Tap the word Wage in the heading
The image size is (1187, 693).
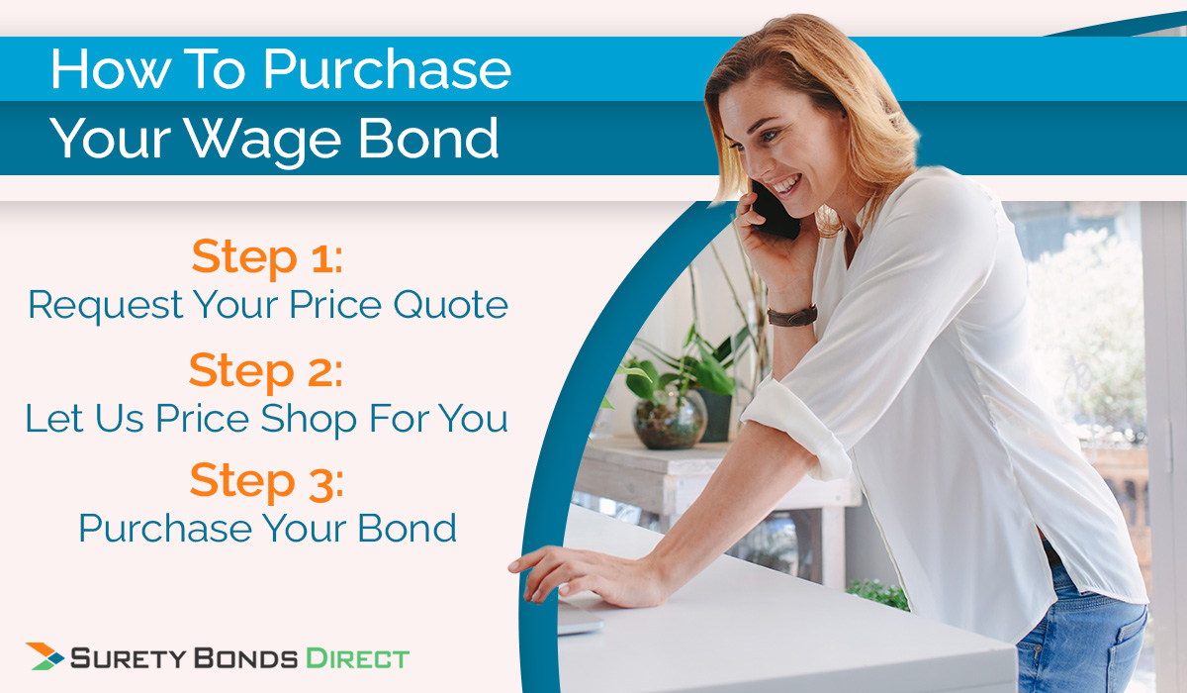291,140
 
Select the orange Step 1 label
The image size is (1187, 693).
267,256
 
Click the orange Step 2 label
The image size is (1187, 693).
266,370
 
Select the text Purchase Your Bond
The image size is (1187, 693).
267,528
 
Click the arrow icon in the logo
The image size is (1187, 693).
46,656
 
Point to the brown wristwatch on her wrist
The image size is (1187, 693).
792,316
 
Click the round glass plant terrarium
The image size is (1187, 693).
670,419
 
